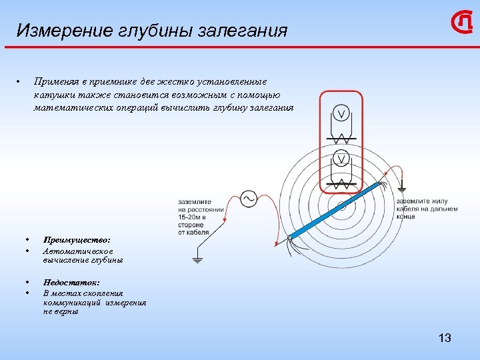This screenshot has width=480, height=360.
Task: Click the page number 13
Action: point(445,338)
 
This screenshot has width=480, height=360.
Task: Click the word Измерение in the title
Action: point(57,31)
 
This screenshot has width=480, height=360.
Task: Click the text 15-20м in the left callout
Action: point(191,217)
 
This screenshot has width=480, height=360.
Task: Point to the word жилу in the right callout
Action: point(442,201)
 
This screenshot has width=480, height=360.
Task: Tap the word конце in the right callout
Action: point(406,217)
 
